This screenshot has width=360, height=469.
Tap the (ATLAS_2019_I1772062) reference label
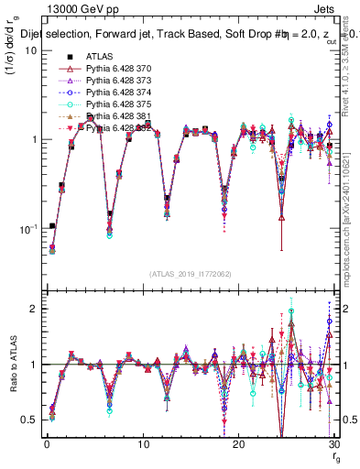click(x=189, y=274)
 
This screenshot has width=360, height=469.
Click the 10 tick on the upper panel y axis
click(x=30, y=49)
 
